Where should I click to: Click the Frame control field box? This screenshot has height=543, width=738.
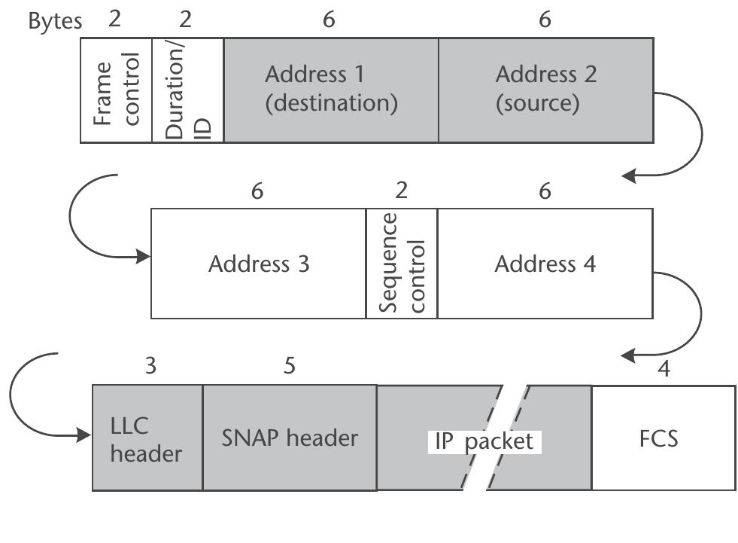(117, 90)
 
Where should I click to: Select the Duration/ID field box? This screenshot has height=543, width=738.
(188, 90)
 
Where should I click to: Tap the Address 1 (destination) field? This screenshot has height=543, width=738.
(331, 90)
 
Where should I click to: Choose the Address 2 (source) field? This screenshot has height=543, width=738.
(545, 90)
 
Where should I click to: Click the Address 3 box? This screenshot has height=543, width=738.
(258, 264)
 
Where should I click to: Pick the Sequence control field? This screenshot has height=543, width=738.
(402, 264)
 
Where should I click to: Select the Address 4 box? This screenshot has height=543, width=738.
(545, 264)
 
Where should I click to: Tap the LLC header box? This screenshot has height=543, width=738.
(147, 438)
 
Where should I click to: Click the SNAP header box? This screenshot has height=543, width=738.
(290, 438)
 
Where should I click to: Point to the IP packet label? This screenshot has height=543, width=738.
(484, 441)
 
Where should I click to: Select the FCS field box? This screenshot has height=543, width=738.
(664, 438)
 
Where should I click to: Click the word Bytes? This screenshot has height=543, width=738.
(55, 21)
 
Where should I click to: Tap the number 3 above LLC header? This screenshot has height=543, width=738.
(150, 366)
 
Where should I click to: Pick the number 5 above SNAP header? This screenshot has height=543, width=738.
(290, 366)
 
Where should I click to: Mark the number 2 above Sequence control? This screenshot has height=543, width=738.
(402, 190)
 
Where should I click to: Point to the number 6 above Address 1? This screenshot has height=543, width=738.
(329, 20)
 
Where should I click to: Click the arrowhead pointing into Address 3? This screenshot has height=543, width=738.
(144, 258)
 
